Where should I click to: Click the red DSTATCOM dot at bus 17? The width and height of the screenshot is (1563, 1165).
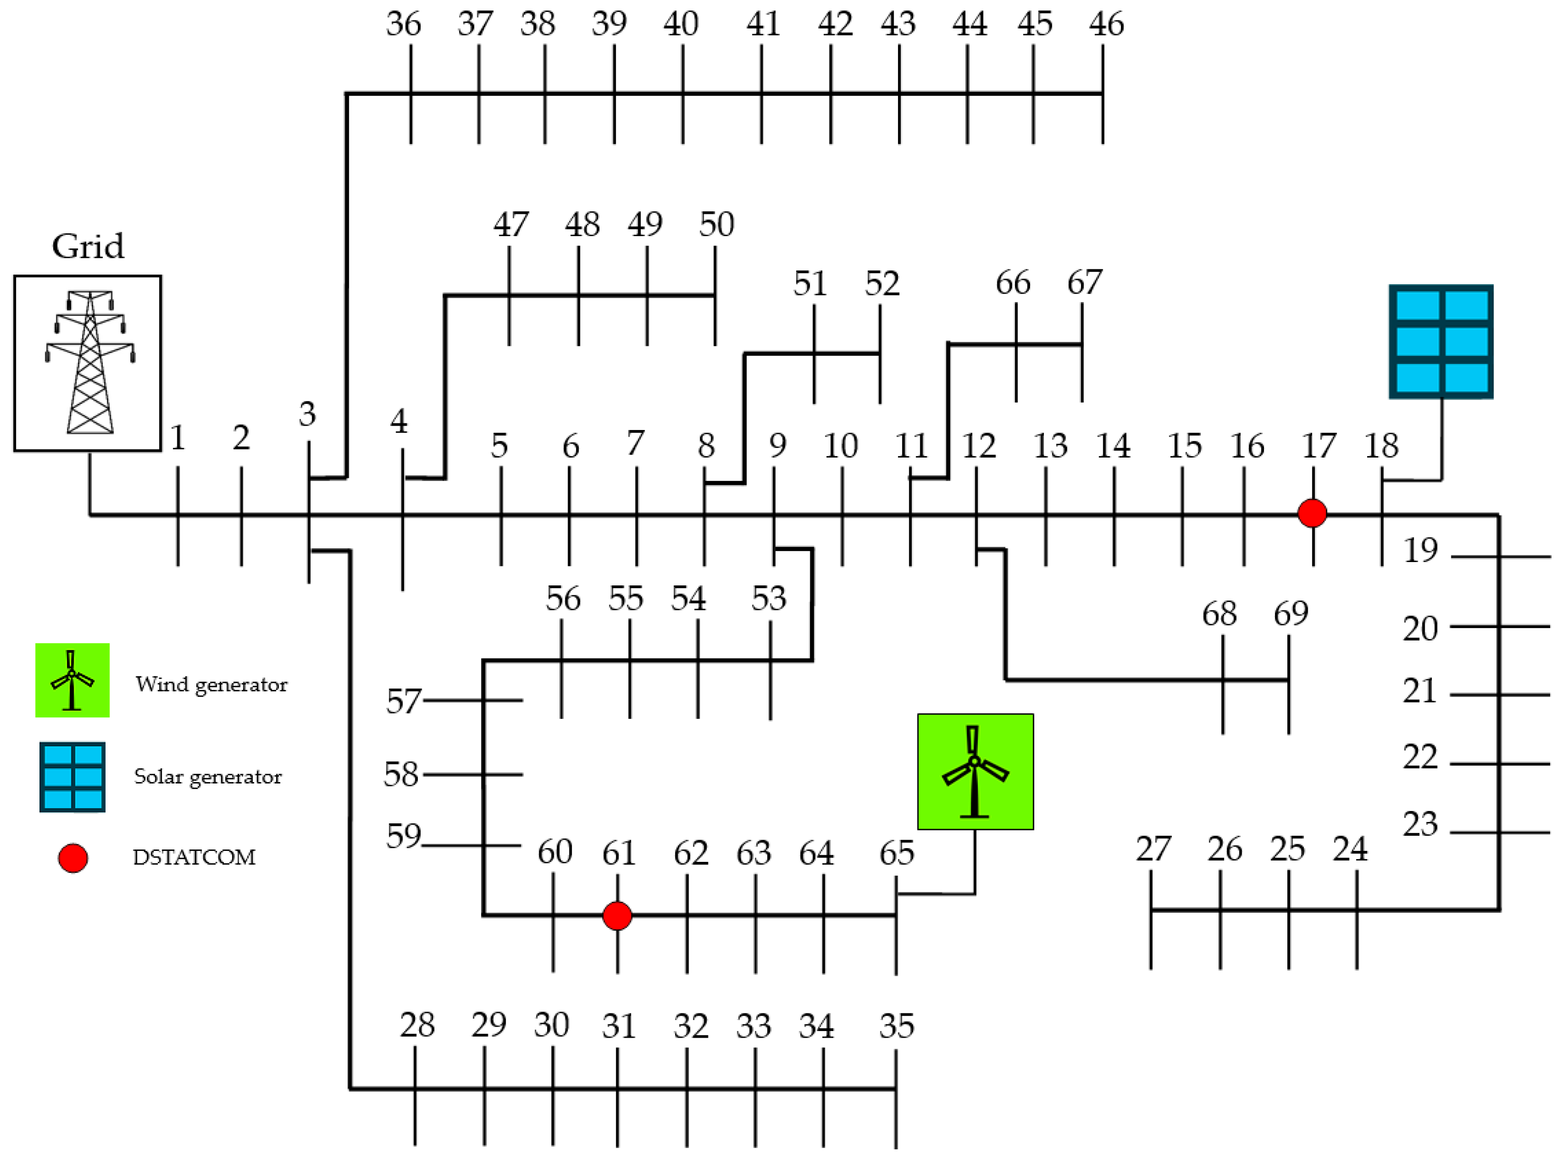(x=1312, y=513)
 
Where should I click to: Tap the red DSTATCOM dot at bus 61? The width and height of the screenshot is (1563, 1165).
(x=617, y=916)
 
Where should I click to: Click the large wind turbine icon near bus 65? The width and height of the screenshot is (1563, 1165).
(x=975, y=772)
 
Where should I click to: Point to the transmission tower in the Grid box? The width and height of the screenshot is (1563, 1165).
(x=90, y=362)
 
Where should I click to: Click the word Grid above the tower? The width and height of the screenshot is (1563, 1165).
(x=88, y=246)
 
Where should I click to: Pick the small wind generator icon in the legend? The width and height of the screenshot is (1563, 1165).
(x=72, y=680)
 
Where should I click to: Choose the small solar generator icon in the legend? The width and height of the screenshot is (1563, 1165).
(x=72, y=776)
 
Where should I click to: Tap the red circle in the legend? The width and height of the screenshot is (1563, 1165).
(x=73, y=858)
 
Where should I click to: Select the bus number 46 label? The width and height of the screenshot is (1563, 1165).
(x=1106, y=25)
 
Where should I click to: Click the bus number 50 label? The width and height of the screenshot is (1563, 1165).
(x=716, y=225)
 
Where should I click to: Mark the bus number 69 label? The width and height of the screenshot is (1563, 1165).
(x=1291, y=613)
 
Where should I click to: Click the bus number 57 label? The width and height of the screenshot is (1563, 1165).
(x=404, y=702)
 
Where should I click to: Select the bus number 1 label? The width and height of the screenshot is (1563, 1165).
(x=178, y=438)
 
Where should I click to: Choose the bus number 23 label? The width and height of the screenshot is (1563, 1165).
(x=1420, y=824)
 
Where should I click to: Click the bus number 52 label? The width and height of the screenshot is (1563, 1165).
(x=882, y=284)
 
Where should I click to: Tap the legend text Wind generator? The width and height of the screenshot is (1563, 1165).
(x=211, y=684)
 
